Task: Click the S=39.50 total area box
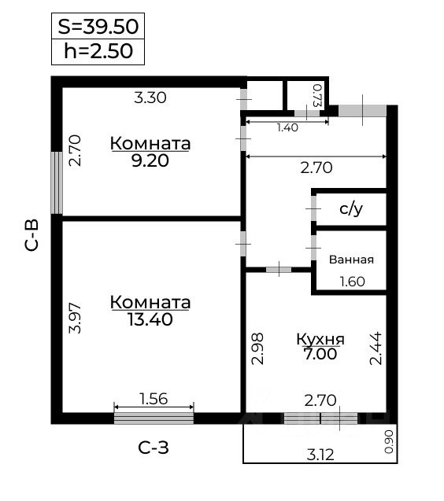98,27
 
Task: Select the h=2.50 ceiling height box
98,52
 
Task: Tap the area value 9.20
150,160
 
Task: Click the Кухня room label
320,339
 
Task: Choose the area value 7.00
320,354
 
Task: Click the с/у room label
350,209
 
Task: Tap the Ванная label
351,260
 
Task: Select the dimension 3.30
150,98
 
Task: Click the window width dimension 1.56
154,399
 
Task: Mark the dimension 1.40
287,128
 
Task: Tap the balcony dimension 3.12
319,454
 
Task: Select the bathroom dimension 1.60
351,282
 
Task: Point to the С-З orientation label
154,449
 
